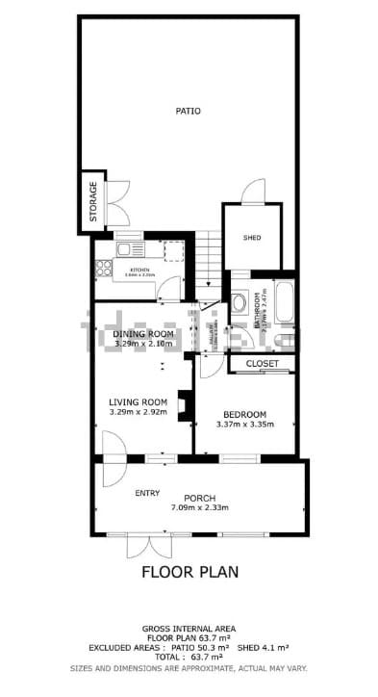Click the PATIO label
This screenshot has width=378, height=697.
(x=189, y=112)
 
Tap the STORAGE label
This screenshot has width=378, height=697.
(x=93, y=202)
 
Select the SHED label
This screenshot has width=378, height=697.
(x=252, y=238)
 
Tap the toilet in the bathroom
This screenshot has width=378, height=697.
(x=239, y=301)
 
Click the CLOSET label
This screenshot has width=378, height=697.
(x=263, y=364)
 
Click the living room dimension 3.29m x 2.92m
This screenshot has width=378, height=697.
(x=139, y=412)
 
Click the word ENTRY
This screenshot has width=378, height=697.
(x=147, y=493)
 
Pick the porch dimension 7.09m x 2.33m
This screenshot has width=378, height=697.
(x=199, y=507)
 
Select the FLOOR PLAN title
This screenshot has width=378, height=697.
(x=189, y=572)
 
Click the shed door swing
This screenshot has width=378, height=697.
(x=251, y=191)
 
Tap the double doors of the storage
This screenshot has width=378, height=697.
(x=116, y=202)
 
